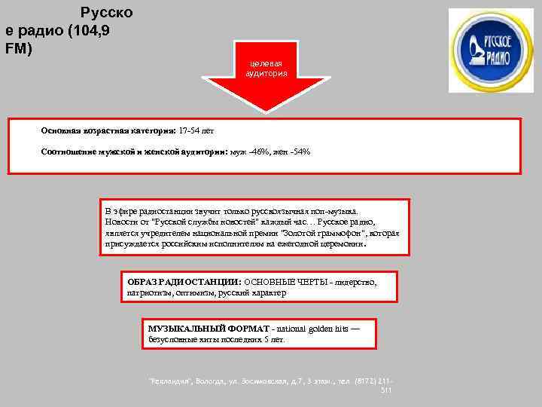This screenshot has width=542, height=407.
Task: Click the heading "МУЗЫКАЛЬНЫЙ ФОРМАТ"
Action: coord(190,329)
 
